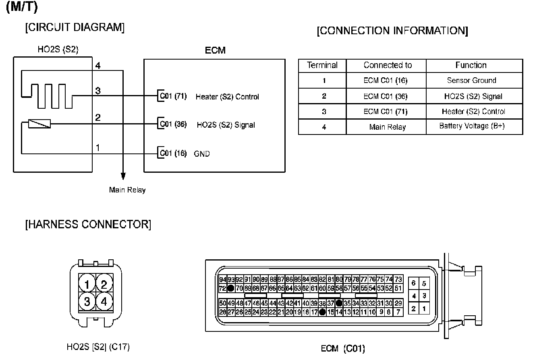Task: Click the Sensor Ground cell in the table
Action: click(x=471, y=80)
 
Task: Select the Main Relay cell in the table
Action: click(x=387, y=127)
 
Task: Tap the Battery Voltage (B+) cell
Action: click(x=471, y=126)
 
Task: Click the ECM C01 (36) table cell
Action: click(x=385, y=96)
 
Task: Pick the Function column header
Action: click(x=471, y=65)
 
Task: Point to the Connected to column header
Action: click(x=388, y=65)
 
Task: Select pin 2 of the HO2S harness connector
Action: click(x=104, y=285)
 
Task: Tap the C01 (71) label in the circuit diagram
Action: click(x=173, y=96)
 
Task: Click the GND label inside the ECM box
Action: click(x=202, y=153)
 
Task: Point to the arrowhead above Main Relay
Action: click(x=123, y=176)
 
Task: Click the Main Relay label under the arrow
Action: click(x=127, y=190)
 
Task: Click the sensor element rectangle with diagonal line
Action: click(x=39, y=124)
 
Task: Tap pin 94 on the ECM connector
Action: click(x=222, y=279)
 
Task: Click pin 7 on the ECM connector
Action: click(x=398, y=312)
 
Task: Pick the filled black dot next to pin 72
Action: click(x=231, y=288)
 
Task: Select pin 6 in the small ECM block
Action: click(x=414, y=283)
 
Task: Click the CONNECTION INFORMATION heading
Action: click(x=392, y=31)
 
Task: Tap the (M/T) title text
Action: click(x=22, y=8)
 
